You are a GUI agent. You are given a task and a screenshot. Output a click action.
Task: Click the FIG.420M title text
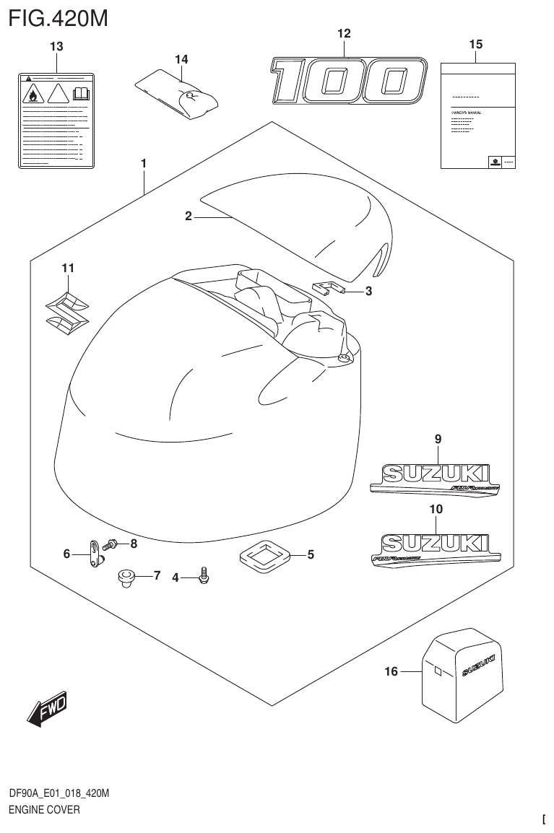point(58,17)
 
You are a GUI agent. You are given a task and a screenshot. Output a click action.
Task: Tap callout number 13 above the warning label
point(56,47)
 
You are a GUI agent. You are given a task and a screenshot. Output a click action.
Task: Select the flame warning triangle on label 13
point(33,94)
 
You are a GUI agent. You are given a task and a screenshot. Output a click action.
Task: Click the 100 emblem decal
point(345,81)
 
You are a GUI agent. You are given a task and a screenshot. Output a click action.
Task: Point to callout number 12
point(344,33)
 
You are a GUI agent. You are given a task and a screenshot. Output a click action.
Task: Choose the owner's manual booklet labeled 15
point(477,116)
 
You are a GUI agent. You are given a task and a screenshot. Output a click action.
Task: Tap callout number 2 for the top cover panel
point(188,216)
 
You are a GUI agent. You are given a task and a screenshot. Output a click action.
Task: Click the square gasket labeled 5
point(264,555)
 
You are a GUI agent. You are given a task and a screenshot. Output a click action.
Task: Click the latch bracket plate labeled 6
point(95,554)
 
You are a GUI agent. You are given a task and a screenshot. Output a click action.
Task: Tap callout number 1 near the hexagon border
point(144,164)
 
